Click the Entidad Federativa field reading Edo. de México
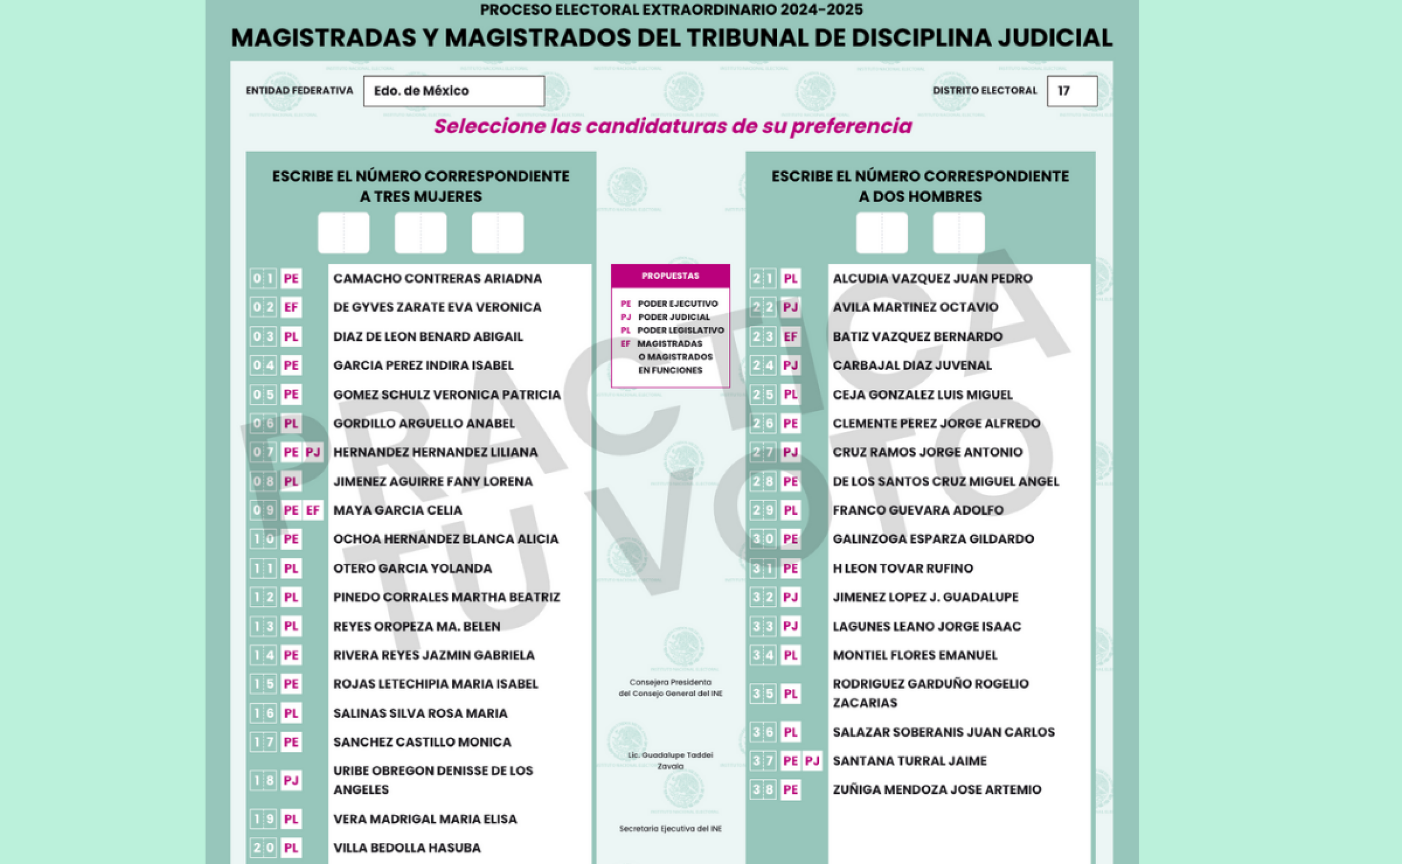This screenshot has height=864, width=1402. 453,91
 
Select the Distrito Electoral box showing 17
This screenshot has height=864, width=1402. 1071,91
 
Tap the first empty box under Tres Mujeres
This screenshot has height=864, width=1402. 343,233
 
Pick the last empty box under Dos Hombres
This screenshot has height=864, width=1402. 958,233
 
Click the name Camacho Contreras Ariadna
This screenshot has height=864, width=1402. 437,278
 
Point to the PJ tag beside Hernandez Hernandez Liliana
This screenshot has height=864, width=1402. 313,452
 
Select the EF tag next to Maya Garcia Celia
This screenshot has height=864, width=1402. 313,511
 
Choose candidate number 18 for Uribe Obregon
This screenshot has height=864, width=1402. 264,781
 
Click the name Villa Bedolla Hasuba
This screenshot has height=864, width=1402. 406,848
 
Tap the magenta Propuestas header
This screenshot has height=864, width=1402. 670,276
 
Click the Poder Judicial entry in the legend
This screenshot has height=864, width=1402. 673,317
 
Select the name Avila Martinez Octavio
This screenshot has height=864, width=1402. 915,307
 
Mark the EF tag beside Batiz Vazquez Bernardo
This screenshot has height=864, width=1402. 790,337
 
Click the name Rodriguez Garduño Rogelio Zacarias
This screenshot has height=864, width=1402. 930,693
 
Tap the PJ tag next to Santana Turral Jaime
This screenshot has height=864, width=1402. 812,761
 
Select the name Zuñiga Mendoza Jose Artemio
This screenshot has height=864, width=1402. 937,790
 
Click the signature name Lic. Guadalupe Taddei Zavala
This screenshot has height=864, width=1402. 670,760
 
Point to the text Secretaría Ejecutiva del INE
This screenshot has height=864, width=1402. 670,829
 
